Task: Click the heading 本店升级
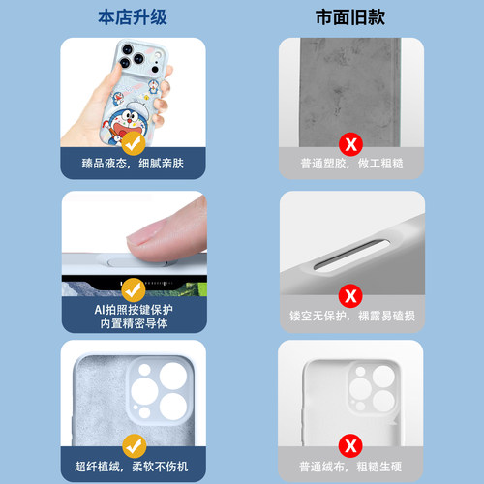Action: pos(135,17)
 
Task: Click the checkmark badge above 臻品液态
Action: pos(135,142)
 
